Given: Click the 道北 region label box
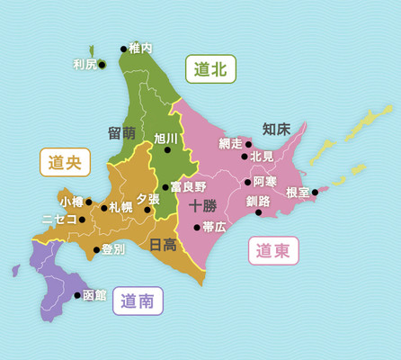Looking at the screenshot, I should click(x=210, y=68).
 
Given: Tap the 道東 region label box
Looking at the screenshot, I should click(x=273, y=251).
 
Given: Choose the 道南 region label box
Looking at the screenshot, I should click(x=138, y=301).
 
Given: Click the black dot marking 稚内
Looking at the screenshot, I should click(x=123, y=49).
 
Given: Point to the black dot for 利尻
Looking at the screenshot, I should click(x=102, y=64).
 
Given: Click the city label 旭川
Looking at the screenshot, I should click(x=167, y=139).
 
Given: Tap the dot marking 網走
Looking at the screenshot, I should click(x=249, y=144).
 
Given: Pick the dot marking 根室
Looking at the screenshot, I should click(x=315, y=192).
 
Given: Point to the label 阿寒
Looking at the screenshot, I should click(x=265, y=182).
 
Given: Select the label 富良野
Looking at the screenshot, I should click(x=189, y=186).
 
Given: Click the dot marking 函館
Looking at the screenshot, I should click(x=76, y=294).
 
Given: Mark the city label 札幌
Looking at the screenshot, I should click(x=120, y=207).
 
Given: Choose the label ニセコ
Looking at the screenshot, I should click(x=59, y=219).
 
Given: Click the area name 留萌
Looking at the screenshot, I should click(x=121, y=132).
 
